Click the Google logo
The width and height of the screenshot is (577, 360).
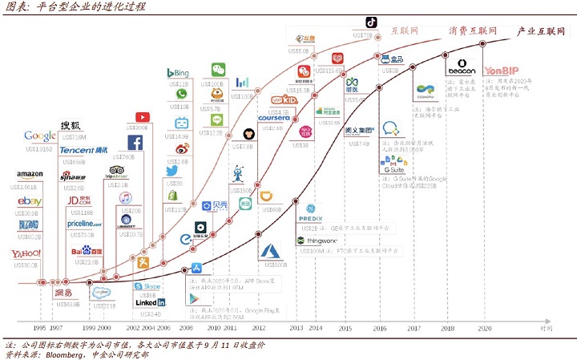coord(39,136)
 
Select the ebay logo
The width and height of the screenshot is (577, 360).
coord(30,201)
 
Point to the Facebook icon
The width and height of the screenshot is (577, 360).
coord(135,143)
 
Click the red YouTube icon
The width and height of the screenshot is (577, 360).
coord(143,118)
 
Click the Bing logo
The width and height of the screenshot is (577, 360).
coord(177,73)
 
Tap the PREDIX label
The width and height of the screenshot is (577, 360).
coord(310,218)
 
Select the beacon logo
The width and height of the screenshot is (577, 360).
coord(461,69)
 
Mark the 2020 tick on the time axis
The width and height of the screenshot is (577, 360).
coord(485,328)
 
